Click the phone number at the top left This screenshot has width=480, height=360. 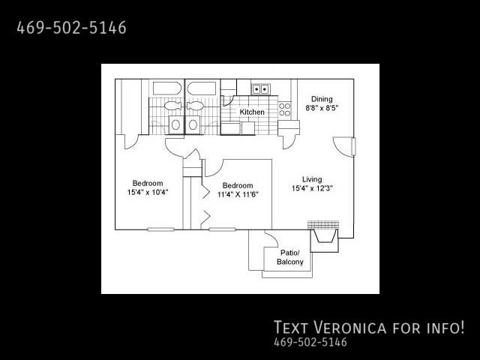71,28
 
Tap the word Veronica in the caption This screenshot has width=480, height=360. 350,327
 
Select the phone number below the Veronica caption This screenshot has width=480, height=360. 310,342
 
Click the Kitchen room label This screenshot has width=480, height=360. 252,112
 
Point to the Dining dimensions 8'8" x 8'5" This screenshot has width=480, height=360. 322,108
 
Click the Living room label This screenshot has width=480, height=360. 312,179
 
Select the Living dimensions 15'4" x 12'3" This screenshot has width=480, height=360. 312,188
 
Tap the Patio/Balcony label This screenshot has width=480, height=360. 290,257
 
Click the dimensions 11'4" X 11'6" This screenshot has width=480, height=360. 238,194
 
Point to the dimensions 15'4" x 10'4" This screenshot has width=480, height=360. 148,192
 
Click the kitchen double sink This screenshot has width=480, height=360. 260,89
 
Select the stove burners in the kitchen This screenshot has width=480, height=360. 284,109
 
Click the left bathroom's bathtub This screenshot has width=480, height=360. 166,88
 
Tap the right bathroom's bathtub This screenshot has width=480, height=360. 202,88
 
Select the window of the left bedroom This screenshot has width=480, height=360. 160,229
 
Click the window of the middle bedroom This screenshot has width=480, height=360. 222,229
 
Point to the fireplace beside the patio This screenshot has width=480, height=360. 324,235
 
